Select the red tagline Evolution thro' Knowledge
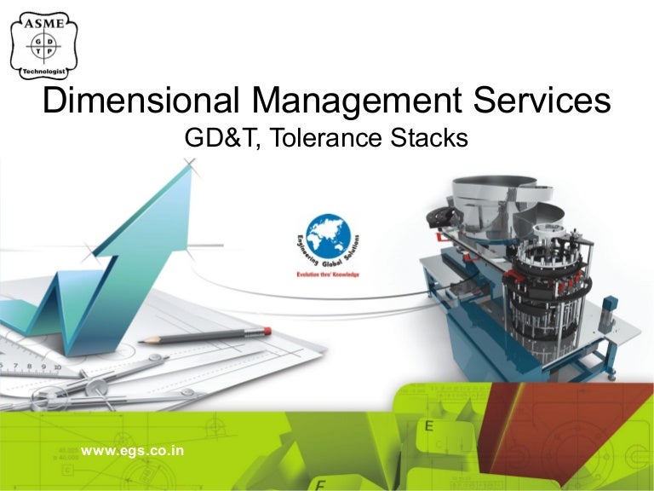tap(328, 274)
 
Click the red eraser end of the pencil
tap(267, 330)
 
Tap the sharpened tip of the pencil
tap(141, 340)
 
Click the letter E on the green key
tap(429, 425)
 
